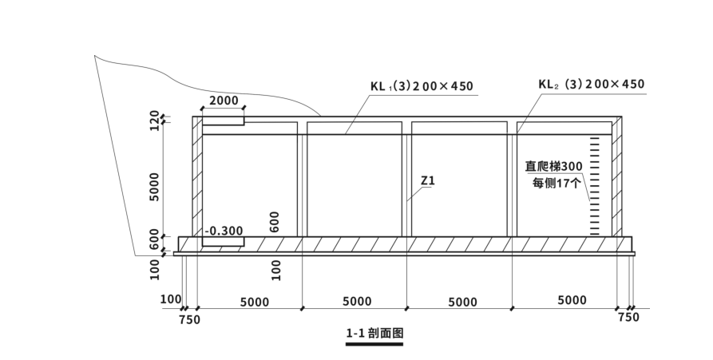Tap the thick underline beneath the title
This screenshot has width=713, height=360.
(x=374, y=344)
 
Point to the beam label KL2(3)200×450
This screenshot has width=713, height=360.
(x=591, y=84)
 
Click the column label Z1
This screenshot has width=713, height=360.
(x=427, y=181)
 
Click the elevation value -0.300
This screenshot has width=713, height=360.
(x=224, y=231)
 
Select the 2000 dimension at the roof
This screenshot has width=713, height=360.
(x=223, y=101)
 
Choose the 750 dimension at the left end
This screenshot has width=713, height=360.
(x=189, y=319)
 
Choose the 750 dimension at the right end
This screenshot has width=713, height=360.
(x=628, y=318)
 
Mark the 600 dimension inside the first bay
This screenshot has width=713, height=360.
(x=275, y=221)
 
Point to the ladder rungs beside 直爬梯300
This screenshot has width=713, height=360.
(x=594, y=188)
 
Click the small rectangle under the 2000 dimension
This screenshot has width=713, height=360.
(x=223, y=121)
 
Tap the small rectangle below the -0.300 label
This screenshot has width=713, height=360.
(x=223, y=241)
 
